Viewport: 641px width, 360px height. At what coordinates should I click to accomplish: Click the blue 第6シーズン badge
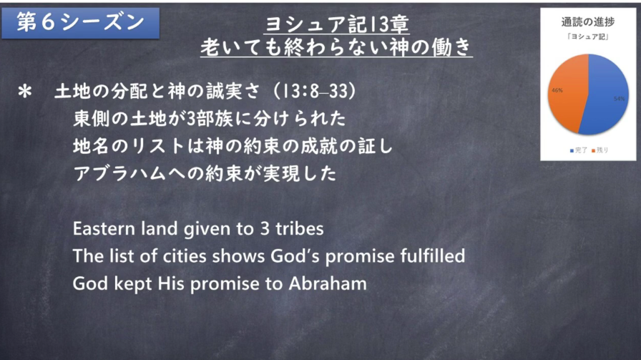click(x=81, y=23)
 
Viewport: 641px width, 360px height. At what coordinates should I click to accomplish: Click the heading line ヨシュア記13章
click(x=336, y=24)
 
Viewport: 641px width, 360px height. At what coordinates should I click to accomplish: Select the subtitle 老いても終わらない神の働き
click(x=336, y=47)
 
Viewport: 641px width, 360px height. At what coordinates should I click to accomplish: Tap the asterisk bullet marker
click(x=25, y=92)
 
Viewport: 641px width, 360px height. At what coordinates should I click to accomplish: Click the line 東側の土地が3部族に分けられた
click(x=210, y=119)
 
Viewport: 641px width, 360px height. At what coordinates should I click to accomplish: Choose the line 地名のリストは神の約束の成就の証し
click(x=233, y=146)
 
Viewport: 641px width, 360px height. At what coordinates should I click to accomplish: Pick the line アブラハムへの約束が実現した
click(x=205, y=173)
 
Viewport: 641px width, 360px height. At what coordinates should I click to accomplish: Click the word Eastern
click(x=104, y=229)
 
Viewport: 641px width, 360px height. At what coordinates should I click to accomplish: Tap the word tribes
click(x=300, y=229)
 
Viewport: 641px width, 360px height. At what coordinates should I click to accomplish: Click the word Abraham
click(x=328, y=283)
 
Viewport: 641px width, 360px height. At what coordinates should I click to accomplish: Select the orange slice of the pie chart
click(x=566, y=92)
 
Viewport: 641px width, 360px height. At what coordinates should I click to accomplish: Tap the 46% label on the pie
click(x=557, y=90)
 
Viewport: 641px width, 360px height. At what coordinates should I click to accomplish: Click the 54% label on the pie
click(x=619, y=99)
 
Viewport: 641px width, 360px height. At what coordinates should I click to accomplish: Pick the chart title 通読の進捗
click(x=588, y=22)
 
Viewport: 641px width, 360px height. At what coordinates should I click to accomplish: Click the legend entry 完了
click(x=579, y=150)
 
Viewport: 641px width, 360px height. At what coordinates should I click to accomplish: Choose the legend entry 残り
click(x=600, y=150)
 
